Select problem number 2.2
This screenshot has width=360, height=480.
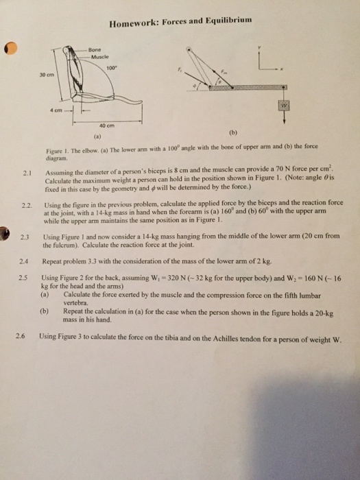pos(27,205)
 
